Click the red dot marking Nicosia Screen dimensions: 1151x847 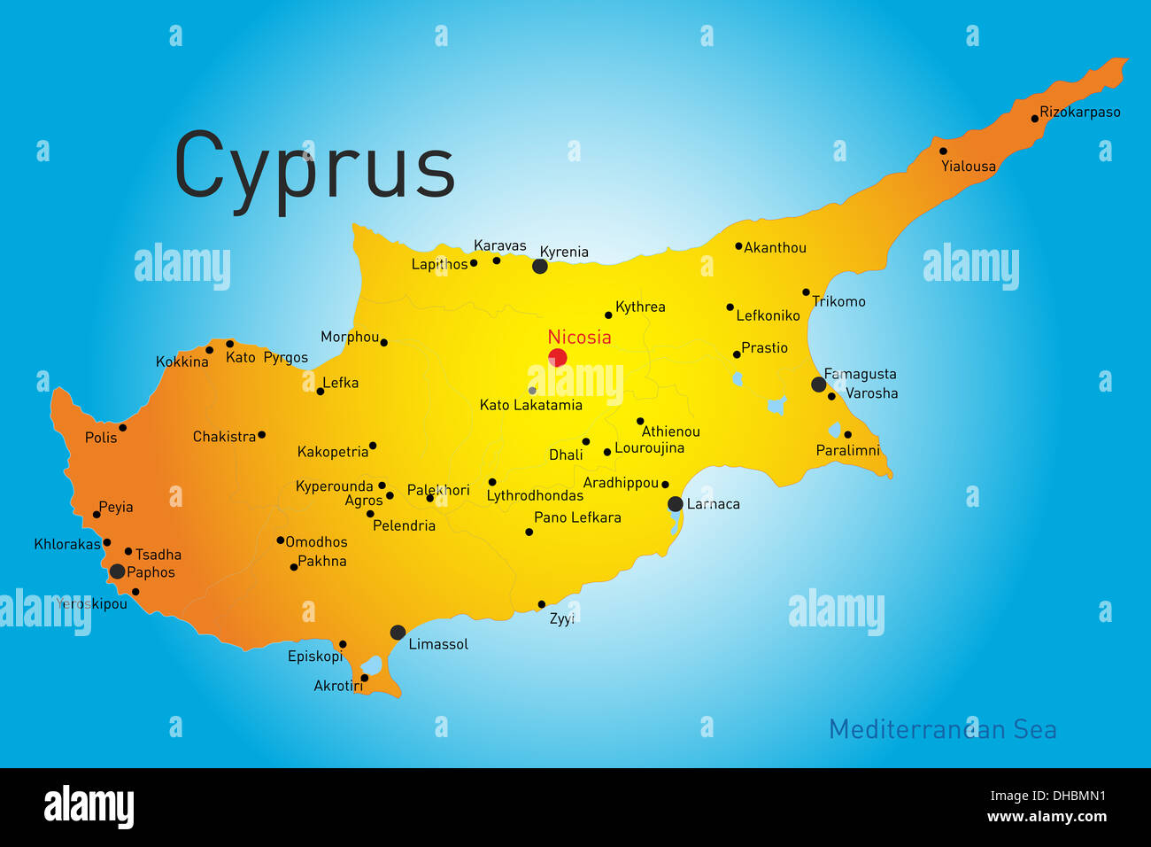557,358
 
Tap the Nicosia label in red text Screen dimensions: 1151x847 579,337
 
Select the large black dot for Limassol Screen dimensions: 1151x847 398,633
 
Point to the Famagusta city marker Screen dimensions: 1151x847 818,385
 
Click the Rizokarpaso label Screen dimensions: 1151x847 1079,113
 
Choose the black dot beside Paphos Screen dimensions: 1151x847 117,571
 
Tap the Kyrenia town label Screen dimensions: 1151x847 564,252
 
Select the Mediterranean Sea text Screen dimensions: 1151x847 942,729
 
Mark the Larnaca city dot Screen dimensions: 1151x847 675,504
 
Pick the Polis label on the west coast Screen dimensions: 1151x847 101,438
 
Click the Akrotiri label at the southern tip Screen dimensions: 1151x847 338,686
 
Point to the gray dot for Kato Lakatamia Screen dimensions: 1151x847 532,391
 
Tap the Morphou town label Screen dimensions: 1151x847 350,337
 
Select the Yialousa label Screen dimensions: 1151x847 968,167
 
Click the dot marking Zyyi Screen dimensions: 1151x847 542,605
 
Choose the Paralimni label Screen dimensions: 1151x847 847,451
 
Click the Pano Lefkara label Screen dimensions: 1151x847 577,517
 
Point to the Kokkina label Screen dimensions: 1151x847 182,361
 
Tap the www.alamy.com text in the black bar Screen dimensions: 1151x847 1047,817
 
